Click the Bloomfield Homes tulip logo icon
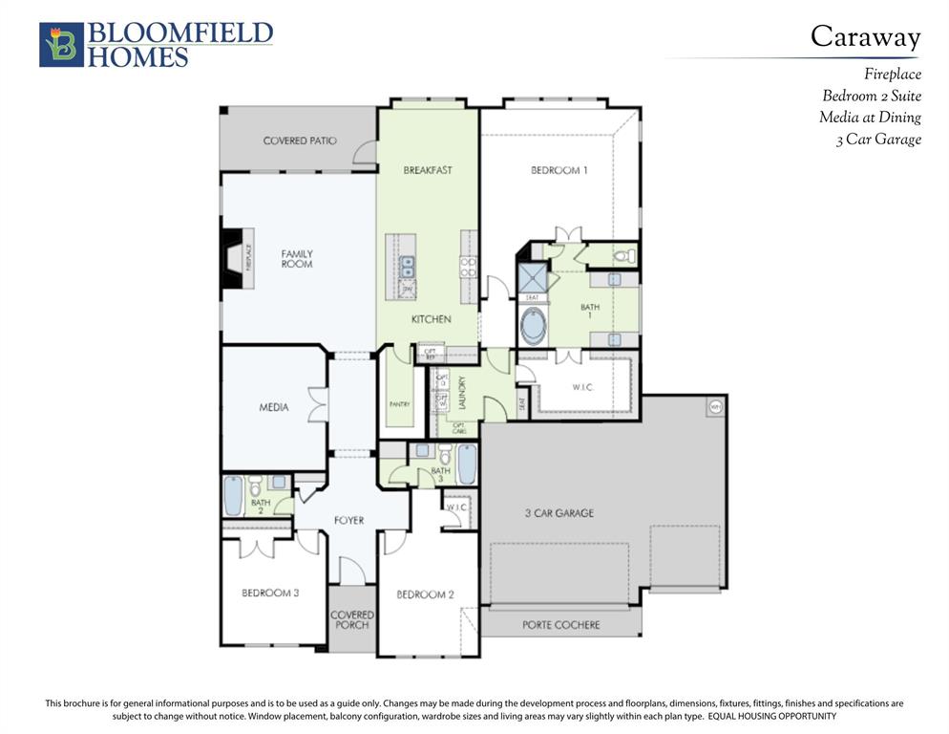(x=61, y=45)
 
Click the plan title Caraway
(x=865, y=36)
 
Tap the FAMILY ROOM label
(x=297, y=258)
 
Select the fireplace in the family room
(x=236, y=258)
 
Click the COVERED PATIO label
(x=300, y=140)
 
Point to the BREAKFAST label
(x=427, y=170)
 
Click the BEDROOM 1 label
(x=559, y=170)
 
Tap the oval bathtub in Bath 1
(x=533, y=326)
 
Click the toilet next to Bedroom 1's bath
(x=623, y=256)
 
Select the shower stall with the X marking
(x=531, y=277)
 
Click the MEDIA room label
(x=274, y=408)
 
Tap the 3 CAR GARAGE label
(x=559, y=513)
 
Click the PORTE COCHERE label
(x=560, y=625)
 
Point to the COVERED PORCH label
(x=351, y=619)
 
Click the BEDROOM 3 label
(x=270, y=593)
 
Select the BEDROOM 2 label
(x=425, y=594)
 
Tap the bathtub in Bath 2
(x=233, y=495)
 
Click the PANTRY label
(x=399, y=404)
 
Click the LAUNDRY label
(x=461, y=393)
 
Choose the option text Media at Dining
(x=869, y=118)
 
